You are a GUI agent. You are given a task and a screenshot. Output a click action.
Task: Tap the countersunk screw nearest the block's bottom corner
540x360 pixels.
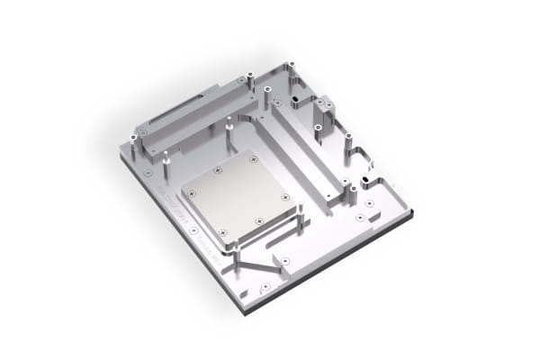pos(265,287)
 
